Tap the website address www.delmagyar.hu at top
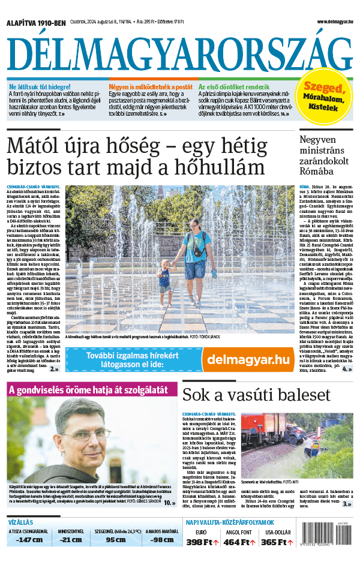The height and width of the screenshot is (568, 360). point(332,22)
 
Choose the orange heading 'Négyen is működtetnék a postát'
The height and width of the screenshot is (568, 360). point(151,87)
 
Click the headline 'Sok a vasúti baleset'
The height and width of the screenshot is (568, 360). point(256,395)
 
